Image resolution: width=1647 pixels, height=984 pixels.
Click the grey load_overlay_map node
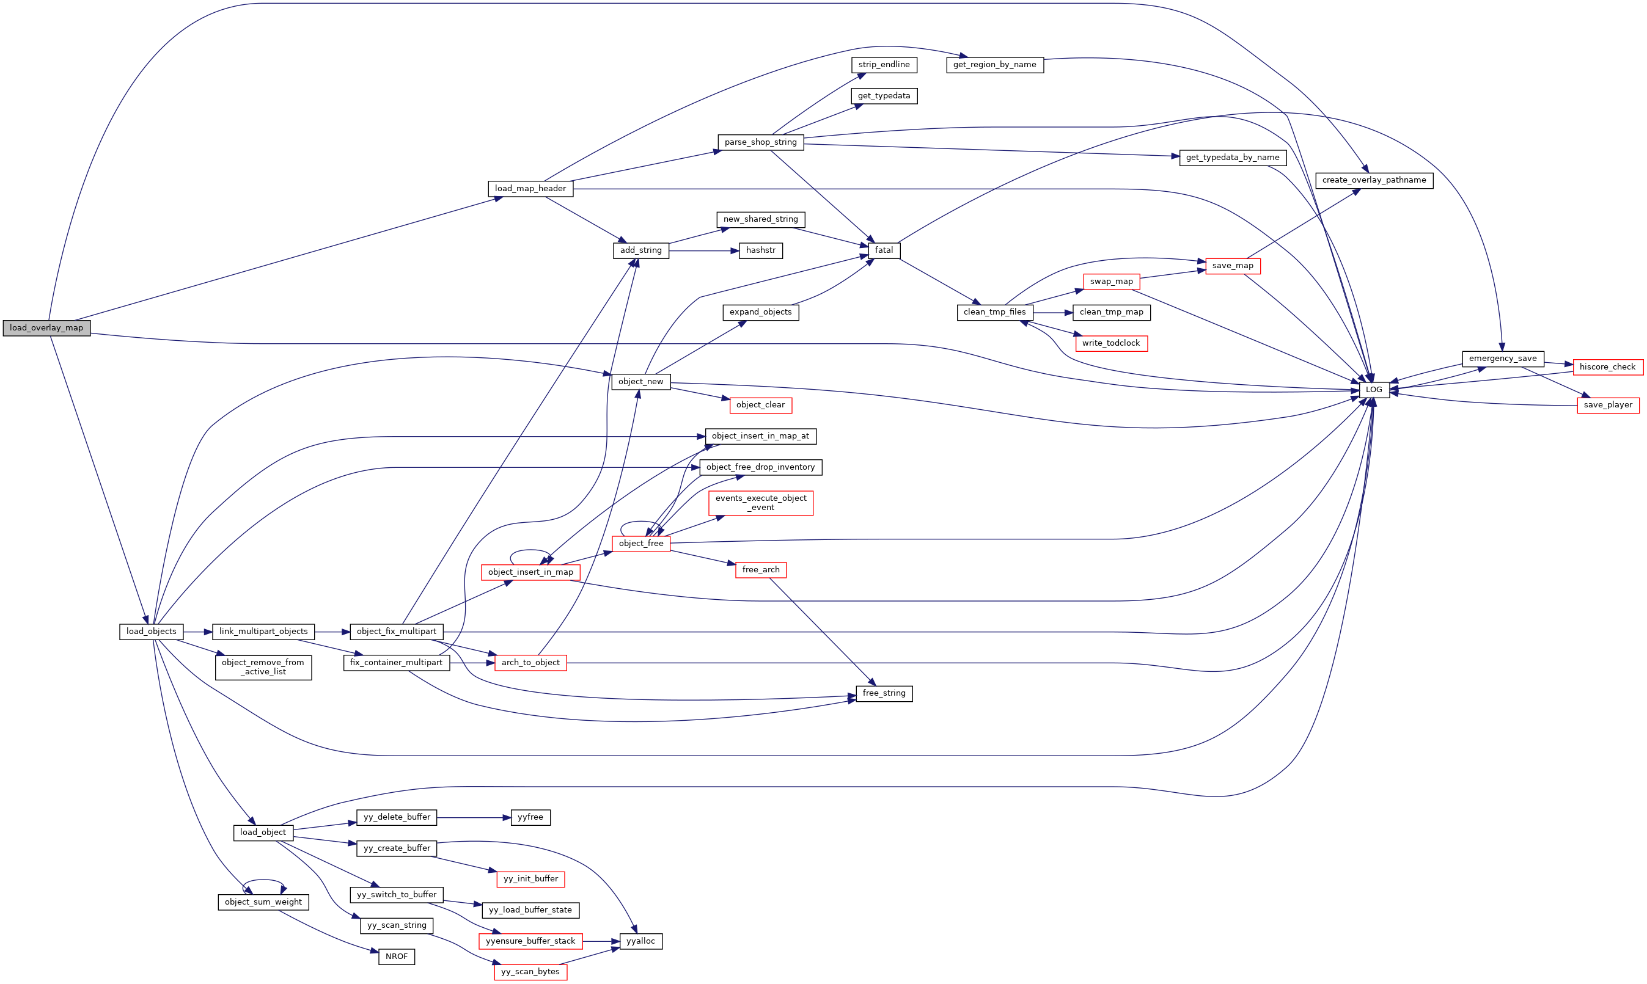coord(46,327)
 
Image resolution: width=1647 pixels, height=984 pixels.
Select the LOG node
coord(1374,390)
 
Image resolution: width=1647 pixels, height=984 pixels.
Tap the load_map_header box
coord(530,188)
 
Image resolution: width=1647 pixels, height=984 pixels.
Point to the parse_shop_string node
coord(760,142)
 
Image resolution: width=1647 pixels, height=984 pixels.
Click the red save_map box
coord(1233,266)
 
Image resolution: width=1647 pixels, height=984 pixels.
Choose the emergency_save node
coord(1502,359)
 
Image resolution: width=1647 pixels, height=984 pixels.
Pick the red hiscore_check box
coord(1607,366)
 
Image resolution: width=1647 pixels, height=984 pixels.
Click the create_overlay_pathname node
coord(1374,180)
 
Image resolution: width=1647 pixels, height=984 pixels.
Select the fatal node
coord(884,250)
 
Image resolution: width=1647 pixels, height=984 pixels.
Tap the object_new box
coord(640,381)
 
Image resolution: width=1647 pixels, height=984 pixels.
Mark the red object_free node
coord(640,543)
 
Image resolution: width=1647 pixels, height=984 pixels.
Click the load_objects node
coord(151,631)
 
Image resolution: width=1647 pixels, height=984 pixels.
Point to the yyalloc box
coord(640,941)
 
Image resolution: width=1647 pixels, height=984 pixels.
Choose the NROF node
coord(397,956)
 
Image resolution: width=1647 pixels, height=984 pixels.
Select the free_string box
coord(884,693)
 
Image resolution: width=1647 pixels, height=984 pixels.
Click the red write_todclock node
coord(1110,343)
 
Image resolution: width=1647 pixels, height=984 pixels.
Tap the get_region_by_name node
coord(994,64)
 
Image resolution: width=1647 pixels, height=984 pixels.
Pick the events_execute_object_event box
coord(760,503)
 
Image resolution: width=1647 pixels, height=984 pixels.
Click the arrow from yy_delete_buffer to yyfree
coord(474,818)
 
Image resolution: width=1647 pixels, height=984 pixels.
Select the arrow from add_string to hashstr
coord(704,250)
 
